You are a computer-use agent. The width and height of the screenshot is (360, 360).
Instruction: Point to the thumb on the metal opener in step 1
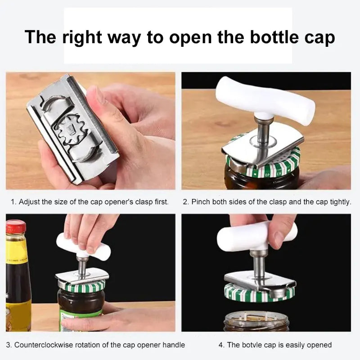click(x=101, y=103)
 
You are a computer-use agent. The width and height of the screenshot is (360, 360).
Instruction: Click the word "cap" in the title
click(x=320, y=37)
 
